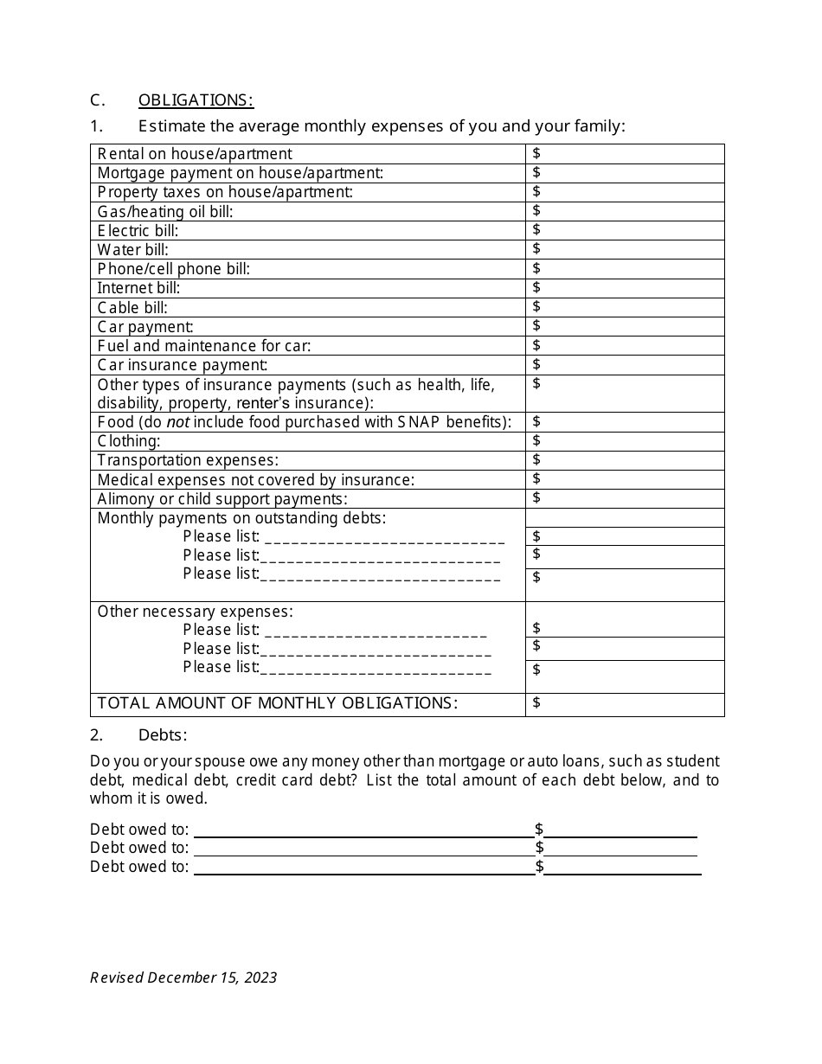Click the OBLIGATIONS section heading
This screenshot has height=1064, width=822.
(196, 100)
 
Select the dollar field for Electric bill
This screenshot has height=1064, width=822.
(624, 230)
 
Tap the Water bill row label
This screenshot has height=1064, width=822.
(133, 250)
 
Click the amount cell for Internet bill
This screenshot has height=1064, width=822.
(624, 288)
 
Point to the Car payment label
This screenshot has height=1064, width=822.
(145, 327)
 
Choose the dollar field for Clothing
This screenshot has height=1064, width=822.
(624, 441)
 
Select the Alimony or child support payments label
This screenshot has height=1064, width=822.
(222, 499)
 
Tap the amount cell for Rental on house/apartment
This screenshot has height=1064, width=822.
(624, 154)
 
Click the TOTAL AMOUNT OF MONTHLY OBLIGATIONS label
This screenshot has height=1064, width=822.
(278, 703)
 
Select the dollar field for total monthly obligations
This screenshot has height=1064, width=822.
(624, 703)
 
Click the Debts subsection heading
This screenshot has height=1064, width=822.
(163, 735)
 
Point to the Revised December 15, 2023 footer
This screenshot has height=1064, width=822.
(183, 977)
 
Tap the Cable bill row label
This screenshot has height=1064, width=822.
(132, 308)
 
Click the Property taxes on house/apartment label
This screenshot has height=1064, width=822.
(225, 192)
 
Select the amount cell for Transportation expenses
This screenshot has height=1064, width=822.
(624, 460)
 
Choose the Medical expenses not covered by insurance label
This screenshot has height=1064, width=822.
(256, 480)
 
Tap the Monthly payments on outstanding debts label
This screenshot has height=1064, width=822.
(241, 518)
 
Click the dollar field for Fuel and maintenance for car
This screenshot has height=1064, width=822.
(624, 346)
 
